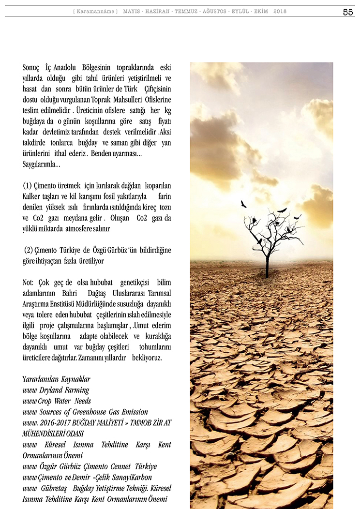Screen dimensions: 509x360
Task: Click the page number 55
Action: click(x=347, y=12)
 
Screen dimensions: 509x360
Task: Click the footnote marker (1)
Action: click(x=29, y=185)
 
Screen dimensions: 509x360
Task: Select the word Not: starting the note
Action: click(x=28, y=282)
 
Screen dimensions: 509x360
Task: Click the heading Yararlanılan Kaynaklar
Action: click(x=56, y=379)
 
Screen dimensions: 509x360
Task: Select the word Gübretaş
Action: click(x=52, y=488)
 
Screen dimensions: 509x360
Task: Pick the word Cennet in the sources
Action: click(x=120, y=466)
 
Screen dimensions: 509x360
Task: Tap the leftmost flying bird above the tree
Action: click(x=243, y=204)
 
